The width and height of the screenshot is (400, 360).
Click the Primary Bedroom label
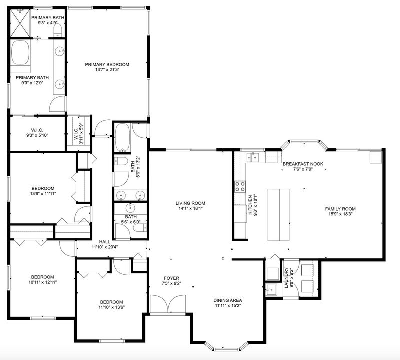pyautogui.click(x=107, y=64)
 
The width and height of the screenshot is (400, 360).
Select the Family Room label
pyautogui.click(x=340, y=209)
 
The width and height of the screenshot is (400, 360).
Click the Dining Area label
pyautogui.click(x=228, y=300)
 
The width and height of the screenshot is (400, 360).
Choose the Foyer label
pyautogui.click(x=172, y=278)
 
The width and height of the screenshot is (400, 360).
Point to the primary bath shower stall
pyautogui.click(x=21, y=23)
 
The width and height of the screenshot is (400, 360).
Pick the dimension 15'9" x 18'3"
pyautogui.click(x=340, y=215)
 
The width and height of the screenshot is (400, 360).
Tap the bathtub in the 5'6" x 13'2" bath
pyautogui.click(x=122, y=137)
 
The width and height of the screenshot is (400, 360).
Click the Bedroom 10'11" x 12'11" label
pyautogui.click(x=42, y=277)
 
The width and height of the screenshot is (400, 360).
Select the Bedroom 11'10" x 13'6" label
pyautogui.click(x=111, y=302)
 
